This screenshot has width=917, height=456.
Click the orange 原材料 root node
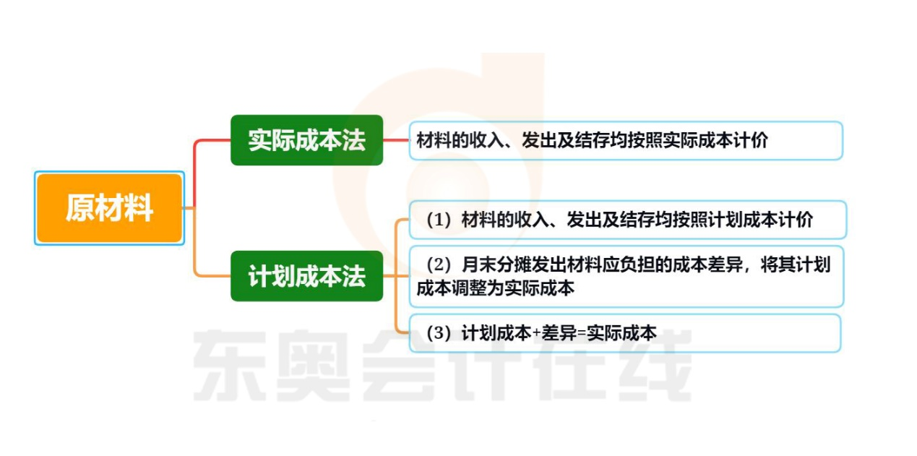109,208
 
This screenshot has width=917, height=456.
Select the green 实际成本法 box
306,140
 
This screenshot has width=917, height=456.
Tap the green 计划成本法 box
306,277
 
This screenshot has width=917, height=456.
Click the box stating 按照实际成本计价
625,141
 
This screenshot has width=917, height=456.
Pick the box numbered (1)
627,220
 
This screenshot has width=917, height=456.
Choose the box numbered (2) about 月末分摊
627,276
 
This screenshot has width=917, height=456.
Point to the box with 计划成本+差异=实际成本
624,333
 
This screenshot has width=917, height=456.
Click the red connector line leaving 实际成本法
395,140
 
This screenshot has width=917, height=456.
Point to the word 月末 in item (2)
477,265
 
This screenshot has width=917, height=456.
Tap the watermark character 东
230,365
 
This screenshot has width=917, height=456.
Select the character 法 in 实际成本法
354,140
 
